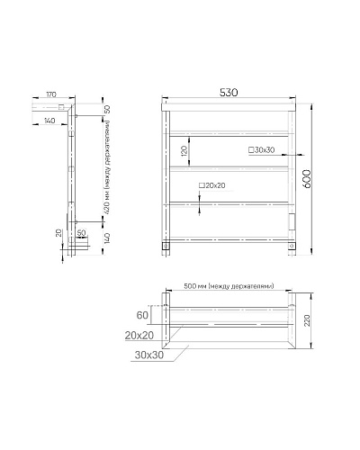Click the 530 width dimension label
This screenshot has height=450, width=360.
coord(229,93)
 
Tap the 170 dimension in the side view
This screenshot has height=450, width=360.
coord(51,94)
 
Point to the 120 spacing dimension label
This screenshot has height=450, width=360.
coord(184,150)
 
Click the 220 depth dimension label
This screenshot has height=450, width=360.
coord(307,320)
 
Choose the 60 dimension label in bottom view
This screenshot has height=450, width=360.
coord(142,315)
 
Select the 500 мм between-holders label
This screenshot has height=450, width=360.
coord(229,286)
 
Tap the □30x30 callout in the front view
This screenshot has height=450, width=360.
coord(262,150)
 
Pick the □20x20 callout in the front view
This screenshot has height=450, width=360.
coord(211,185)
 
